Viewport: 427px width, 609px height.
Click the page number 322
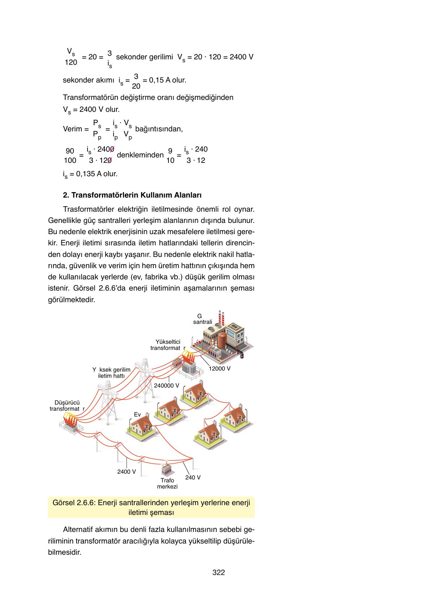click(x=218, y=572)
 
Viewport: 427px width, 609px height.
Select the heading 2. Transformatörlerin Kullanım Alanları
click(x=132, y=195)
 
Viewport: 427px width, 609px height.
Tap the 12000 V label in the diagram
click(x=219, y=368)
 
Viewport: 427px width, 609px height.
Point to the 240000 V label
click(x=167, y=385)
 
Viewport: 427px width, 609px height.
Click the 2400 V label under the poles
click(x=127, y=472)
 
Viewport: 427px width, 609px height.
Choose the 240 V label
click(x=193, y=477)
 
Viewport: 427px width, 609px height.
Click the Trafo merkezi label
click(x=167, y=483)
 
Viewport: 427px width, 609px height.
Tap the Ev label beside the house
click(x=137, y=414)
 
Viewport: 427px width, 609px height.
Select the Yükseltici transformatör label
click(x=167, y=345)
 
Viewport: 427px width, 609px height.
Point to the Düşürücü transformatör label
click(x=67, y=406)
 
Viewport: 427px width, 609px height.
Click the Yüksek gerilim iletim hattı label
click(x=111, y=373)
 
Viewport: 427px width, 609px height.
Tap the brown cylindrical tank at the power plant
click(x=222, y=340)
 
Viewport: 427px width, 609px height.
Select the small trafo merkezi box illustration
click(x=166, y=469)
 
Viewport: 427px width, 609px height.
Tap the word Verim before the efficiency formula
click(x=73, y=129)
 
